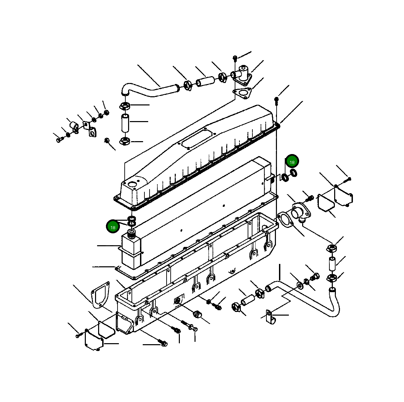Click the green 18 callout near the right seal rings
click(292, 162)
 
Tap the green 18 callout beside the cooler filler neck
click(113, 227)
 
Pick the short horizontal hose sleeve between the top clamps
click(205, 82)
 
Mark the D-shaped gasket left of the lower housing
click(100, 294)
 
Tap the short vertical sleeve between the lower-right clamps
click(332, 264)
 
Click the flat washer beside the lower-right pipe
click(300, 284)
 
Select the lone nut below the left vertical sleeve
click(107, 140)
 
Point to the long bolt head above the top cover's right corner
click(276, 99)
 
